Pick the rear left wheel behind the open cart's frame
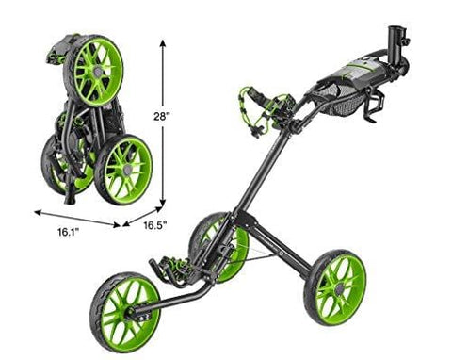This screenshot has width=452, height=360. (x=211, y=248)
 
